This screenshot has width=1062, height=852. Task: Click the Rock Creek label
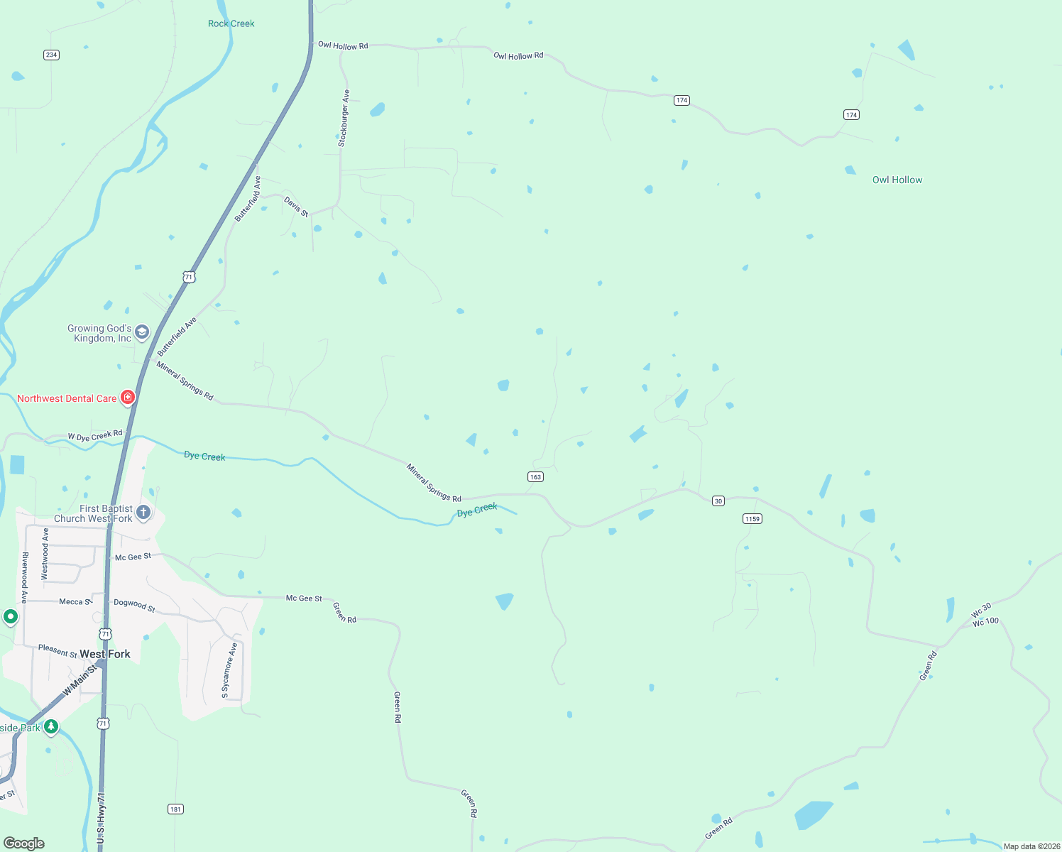click(x=231, y=23)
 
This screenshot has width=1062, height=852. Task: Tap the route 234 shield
click(x=51, y=55)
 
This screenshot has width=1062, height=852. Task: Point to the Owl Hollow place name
click(x=897, y=180)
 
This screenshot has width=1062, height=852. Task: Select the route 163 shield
click(x=535, y=477)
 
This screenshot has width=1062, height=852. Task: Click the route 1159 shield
click(x=752, y=518)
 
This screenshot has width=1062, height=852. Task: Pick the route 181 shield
click(x=175, y=809)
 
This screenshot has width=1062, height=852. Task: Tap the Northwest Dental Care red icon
click(x=128, y=398)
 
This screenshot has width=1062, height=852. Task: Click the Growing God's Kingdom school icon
click(x=142, y=332)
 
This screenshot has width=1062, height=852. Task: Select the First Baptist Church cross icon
click(x=143, y=513)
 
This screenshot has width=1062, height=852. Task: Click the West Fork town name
click(x=105, y=654)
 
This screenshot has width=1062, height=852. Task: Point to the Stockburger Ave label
click(x=344, y=118)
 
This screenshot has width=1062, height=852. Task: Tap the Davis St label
click(x=297, y=207)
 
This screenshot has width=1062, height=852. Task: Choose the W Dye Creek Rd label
click(x=95, y=435)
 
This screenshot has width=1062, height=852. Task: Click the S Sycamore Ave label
click(x=229, y=670)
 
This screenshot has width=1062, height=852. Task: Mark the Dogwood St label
click(x=134, y=605)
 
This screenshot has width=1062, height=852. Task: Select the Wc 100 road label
click(x=985, y=622)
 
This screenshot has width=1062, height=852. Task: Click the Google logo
click(x=24, y=843)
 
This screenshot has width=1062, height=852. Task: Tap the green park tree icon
click(x=51, y=726)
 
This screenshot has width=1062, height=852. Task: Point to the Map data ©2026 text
click(x=1031, y=846)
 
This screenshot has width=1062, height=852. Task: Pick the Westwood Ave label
click(x=45, y=554)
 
